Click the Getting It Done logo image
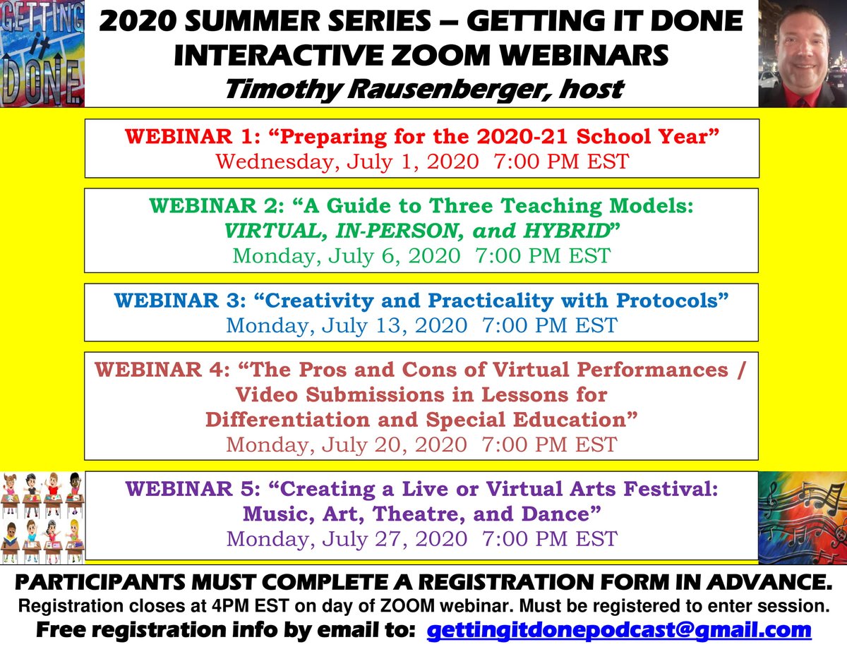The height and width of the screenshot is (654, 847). click(x=42, y=54)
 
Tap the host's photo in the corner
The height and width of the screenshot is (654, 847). click(x=803, y=54)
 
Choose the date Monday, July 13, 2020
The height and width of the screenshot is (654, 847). click(x=346, y=325)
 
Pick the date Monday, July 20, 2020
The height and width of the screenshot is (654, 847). click(x=346, y=444)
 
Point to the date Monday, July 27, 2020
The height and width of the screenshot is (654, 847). click(x=346, y=539)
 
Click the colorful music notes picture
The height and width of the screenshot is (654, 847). click(x=803, y=518)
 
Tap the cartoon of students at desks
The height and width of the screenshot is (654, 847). click(x=42, y=518)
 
